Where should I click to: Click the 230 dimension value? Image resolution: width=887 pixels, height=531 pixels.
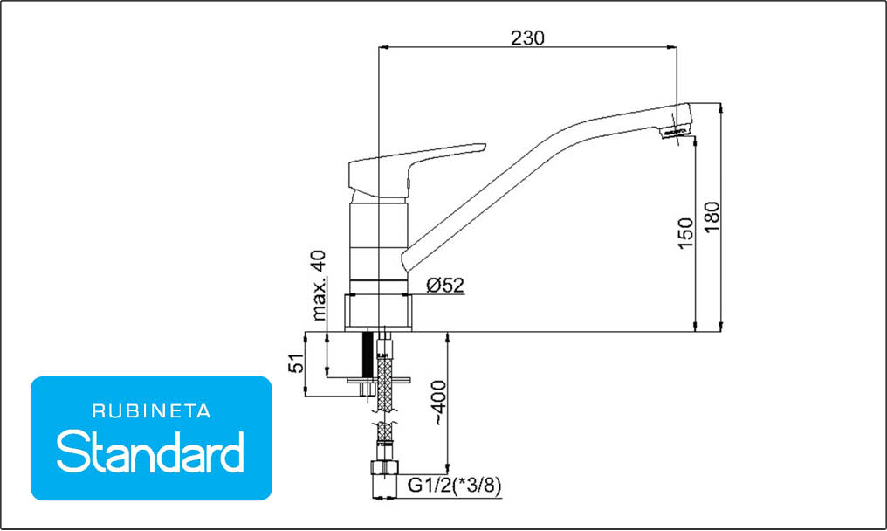(527, 38)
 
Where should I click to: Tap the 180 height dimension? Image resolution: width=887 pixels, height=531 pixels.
(712, 217)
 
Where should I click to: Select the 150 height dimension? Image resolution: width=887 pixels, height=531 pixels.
(685, 232)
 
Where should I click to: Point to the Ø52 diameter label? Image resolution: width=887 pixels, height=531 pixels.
(444, 285)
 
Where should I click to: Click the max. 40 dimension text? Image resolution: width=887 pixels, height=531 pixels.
(319, 286)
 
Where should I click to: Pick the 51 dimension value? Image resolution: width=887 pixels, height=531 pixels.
(296, 362)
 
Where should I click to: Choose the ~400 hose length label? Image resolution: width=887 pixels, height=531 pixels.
(439, 403)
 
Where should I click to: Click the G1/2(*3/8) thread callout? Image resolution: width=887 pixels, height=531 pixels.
(454, 485)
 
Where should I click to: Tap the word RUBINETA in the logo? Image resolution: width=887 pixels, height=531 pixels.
(151, 411)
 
